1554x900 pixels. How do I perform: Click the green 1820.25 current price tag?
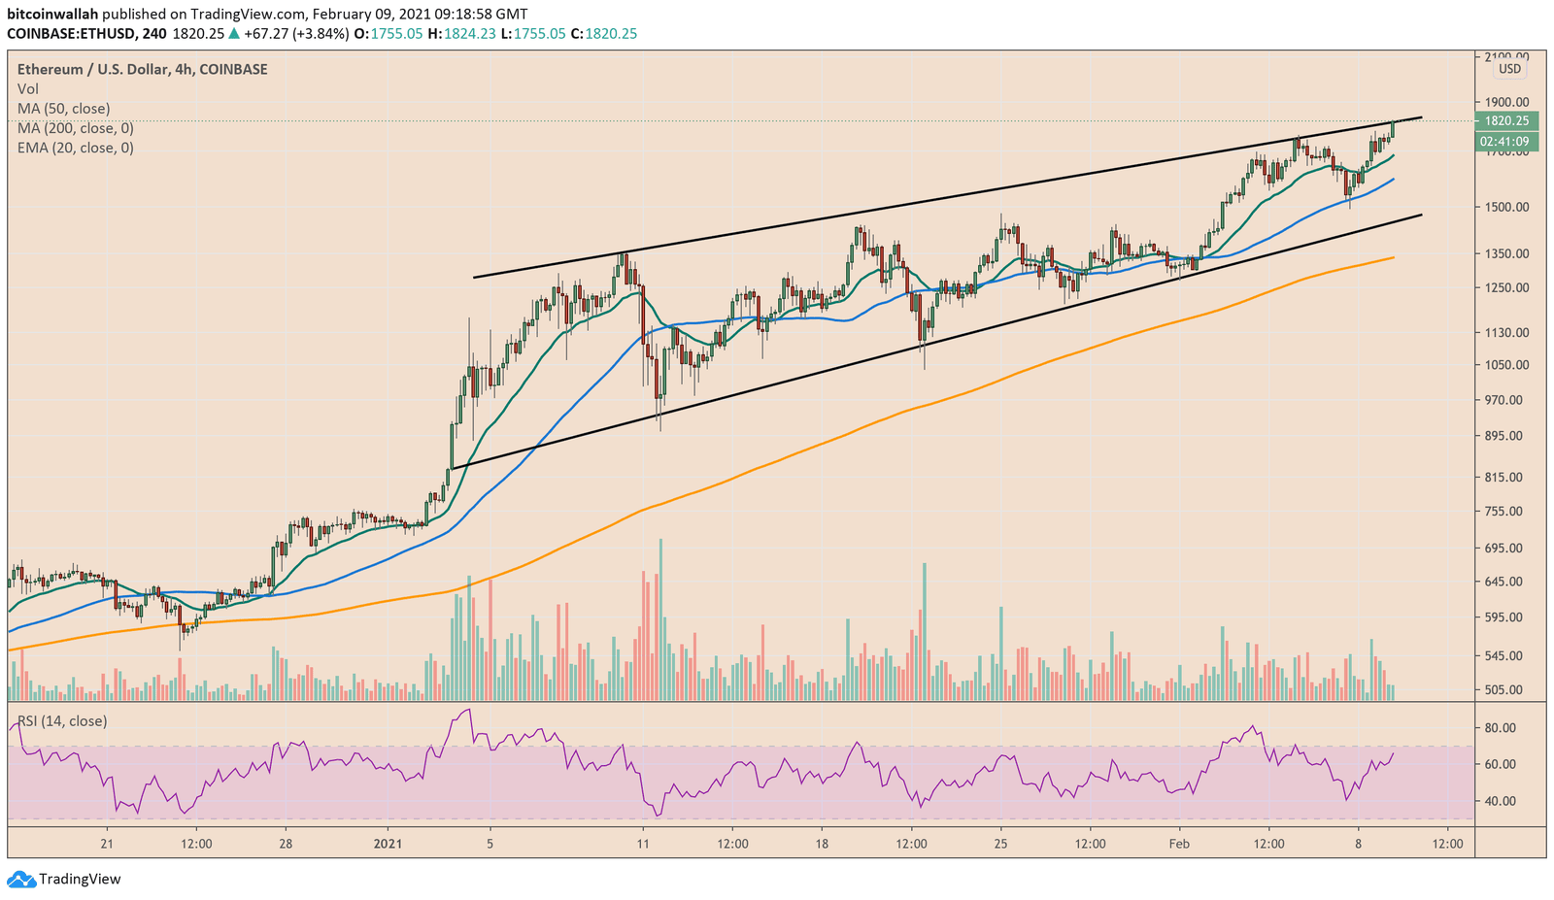[1505, 121]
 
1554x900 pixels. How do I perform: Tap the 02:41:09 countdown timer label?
[1505, 142]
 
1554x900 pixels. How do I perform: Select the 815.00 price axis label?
[1503, 477]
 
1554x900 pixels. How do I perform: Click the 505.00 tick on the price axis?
[1503, 690]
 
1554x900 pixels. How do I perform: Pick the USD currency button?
[1509, 69]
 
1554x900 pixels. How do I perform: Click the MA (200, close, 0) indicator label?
[75, 128]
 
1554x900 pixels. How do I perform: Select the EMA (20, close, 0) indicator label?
[75, 148]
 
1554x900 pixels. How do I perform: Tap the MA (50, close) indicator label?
[63, 109]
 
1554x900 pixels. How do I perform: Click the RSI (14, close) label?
[62, 721]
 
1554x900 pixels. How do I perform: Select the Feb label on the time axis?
[1179, 844]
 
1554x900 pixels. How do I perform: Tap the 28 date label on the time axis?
[286, 844]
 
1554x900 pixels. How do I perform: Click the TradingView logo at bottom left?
[64, 880]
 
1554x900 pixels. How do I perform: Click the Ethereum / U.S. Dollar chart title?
[142, 69]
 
